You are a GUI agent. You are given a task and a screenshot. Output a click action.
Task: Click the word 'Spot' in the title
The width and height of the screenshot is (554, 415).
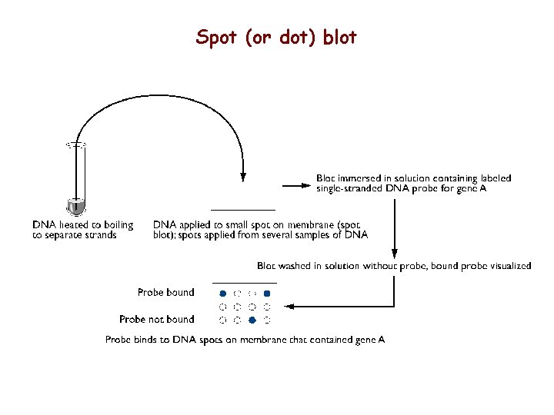pyautogui.click(x=217, y=37)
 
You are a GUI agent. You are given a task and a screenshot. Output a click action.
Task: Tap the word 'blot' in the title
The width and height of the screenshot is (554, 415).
pyautogui.click(x=340, y=37)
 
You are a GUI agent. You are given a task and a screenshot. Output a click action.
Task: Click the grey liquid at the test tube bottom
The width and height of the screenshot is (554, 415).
pyautogui.click(x=75, y=207)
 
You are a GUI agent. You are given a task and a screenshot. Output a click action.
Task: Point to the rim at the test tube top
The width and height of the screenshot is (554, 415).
pyautogui.click(x=75, y=144)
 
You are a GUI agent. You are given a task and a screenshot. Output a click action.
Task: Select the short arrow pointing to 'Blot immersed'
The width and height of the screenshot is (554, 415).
pyautogui.click(x=295, y=184)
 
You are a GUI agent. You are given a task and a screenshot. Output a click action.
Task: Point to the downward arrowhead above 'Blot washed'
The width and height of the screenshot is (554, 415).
pyautogui.click(x=395, y=253)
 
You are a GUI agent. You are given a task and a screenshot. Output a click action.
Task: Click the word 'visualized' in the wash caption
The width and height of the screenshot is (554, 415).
pyautogui.click(x=507, y=266)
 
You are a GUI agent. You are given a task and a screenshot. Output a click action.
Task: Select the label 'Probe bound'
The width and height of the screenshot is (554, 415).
pyautogui.click(x=165, y=292)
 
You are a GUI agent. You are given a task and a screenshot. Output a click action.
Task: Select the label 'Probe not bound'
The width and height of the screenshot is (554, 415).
pyautogui.click(x=156, y=319)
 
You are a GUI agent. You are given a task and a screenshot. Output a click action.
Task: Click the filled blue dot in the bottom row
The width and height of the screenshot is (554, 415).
pyautogui.click(x=252, y=319)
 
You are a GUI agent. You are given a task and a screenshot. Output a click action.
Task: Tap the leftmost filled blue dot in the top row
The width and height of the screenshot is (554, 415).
pyautogui.click(x=222, y=294)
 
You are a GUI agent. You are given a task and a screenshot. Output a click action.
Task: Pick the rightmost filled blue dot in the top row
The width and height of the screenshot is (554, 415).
pyautogui.click(x=267, y=294)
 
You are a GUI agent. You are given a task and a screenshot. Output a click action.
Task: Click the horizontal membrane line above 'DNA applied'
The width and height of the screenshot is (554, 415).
pyautogui.click(x=243, y=210)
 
